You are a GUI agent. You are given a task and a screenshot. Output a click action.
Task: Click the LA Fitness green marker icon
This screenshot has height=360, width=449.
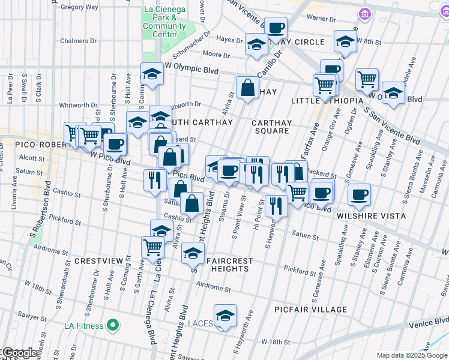112,326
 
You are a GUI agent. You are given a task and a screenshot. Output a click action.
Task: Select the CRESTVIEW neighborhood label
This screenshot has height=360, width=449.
98,262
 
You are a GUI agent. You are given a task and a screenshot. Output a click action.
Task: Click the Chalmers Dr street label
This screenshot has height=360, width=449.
79,41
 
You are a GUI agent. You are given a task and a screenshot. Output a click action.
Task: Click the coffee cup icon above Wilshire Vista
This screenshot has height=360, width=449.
359,194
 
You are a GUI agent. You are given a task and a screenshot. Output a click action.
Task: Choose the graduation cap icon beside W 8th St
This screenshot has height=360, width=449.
345,41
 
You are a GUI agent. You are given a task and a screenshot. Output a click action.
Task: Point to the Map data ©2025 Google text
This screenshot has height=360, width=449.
411,355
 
